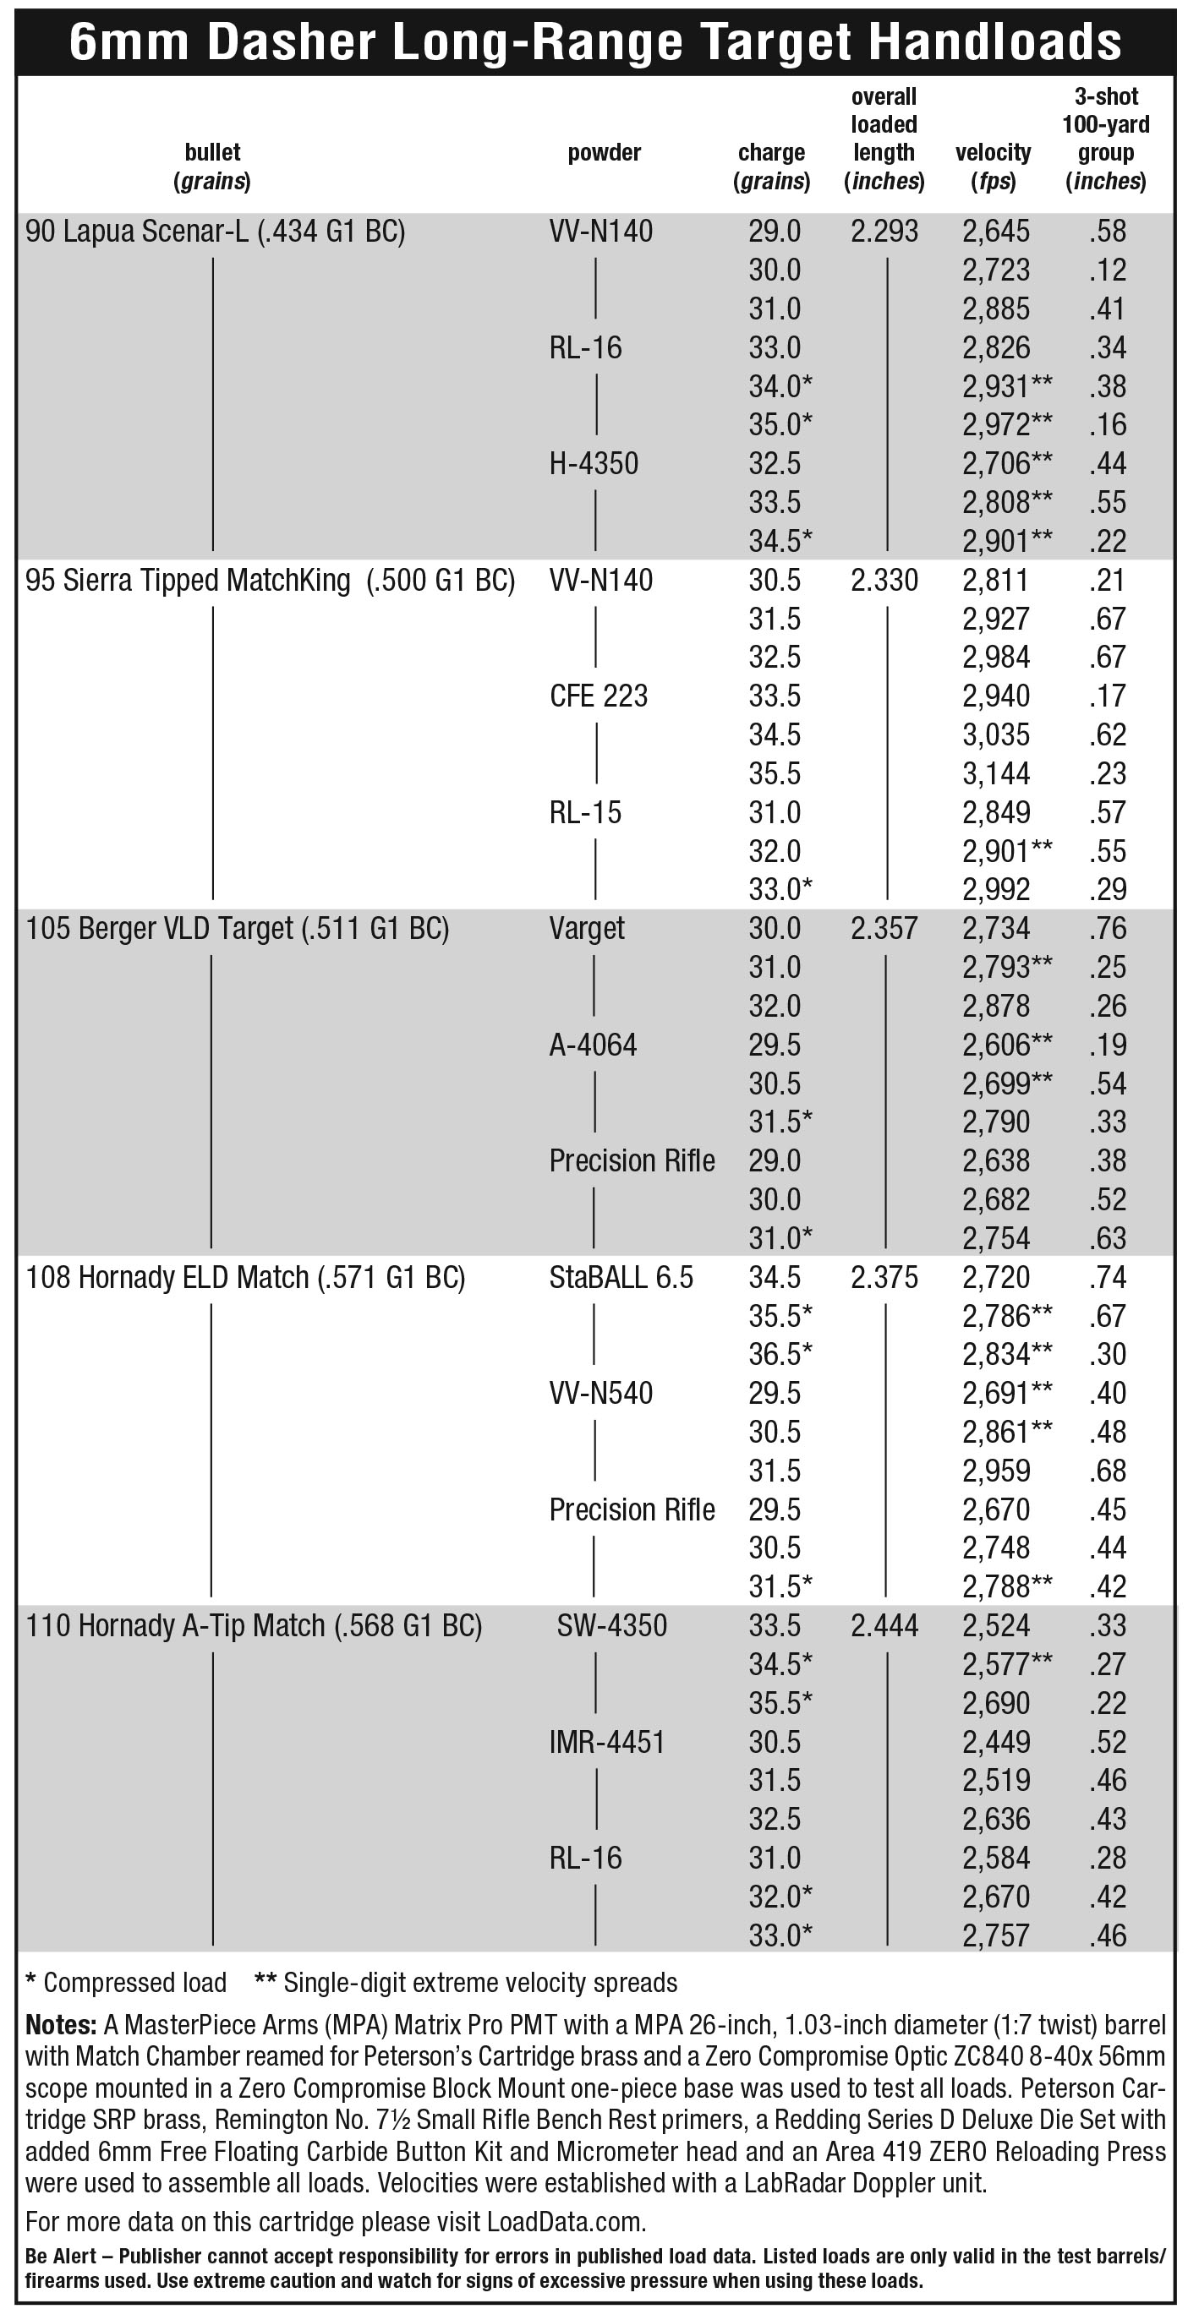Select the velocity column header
[993, 166]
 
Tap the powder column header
[604, 152]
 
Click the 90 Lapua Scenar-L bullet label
[216, 232]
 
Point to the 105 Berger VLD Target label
[237, 929]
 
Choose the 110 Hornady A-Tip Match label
[254, 1625]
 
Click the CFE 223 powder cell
[598, 696]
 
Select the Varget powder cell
[587, 929]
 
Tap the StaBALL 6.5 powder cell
[621, 1277]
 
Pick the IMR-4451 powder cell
[606, 1742]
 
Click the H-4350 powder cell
[594, 464]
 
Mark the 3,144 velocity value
[995, 773]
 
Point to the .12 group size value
[1107, 270]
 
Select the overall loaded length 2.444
[884, 1625]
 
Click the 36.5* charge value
[780, 1355]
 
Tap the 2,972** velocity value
[1006, 425]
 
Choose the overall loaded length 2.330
[884, 580]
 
